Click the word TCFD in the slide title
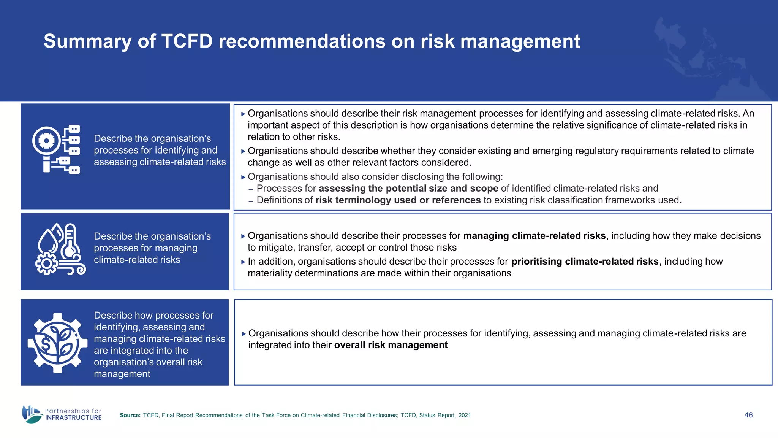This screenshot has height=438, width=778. click(x=187, y=41)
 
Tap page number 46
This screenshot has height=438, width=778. click(x=748, y=415)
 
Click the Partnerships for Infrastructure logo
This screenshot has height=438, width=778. click(x=62, y=414)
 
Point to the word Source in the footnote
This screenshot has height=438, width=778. click(x=130, y=415)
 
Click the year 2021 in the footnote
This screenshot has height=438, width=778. click(x=464, y=415)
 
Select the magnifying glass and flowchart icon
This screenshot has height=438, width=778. click(x=56, y=149)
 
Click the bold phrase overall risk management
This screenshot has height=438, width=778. click(x=391, y=345)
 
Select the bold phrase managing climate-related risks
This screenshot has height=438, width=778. click(x=534, y=236)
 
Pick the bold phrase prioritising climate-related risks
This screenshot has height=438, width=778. click(x=585, y=262)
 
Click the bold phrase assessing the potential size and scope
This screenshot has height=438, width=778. click(x=408, y=189)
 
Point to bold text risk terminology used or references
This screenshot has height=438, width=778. click(x=398, y=200)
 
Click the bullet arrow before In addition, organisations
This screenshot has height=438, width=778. click(x=243, y=262)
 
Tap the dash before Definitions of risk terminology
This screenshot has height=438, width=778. click(x=251, y=201)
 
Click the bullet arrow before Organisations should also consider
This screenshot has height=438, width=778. click(x=243, y=177)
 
